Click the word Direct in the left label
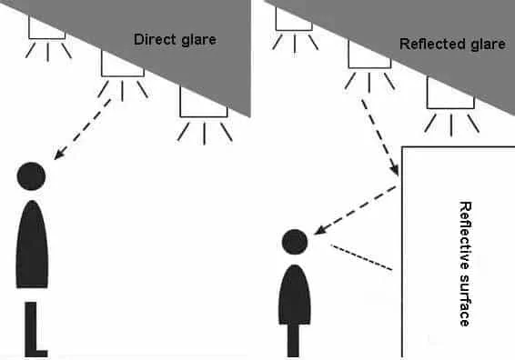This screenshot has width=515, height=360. click(x=155, y=39)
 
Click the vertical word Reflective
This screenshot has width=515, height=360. click(x=465, y=236)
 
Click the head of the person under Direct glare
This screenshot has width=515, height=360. click(x=31, y=176)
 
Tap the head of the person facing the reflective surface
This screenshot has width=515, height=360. click(x=295, y=242)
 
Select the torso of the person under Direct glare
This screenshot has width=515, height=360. click(x=32, y=245)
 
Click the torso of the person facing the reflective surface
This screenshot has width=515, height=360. click(x=294, y=295)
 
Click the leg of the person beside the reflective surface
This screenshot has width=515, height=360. click(x=293, y=341)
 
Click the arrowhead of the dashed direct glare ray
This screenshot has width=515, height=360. click(x=59, y=155)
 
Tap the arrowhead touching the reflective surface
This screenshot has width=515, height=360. click(x=395, y=169)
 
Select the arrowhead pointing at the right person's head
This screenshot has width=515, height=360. click(x=320, y=230)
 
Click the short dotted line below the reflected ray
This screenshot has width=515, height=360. click(x=361, y=257)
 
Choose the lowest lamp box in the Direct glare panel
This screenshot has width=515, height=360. click(x=204, y=102)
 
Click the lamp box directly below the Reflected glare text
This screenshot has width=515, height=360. click(x=450, y=93)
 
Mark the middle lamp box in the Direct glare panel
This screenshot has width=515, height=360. click(x=123, y=64)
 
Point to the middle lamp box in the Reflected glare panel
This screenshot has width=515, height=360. click(x=369, y=55)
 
